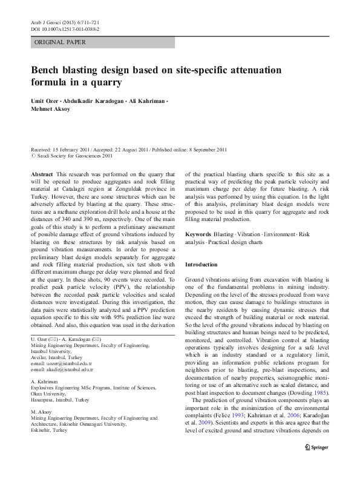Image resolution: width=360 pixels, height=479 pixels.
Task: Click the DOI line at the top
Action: pos(65,28)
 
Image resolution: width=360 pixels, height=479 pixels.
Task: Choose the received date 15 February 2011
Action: pos(73,149)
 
